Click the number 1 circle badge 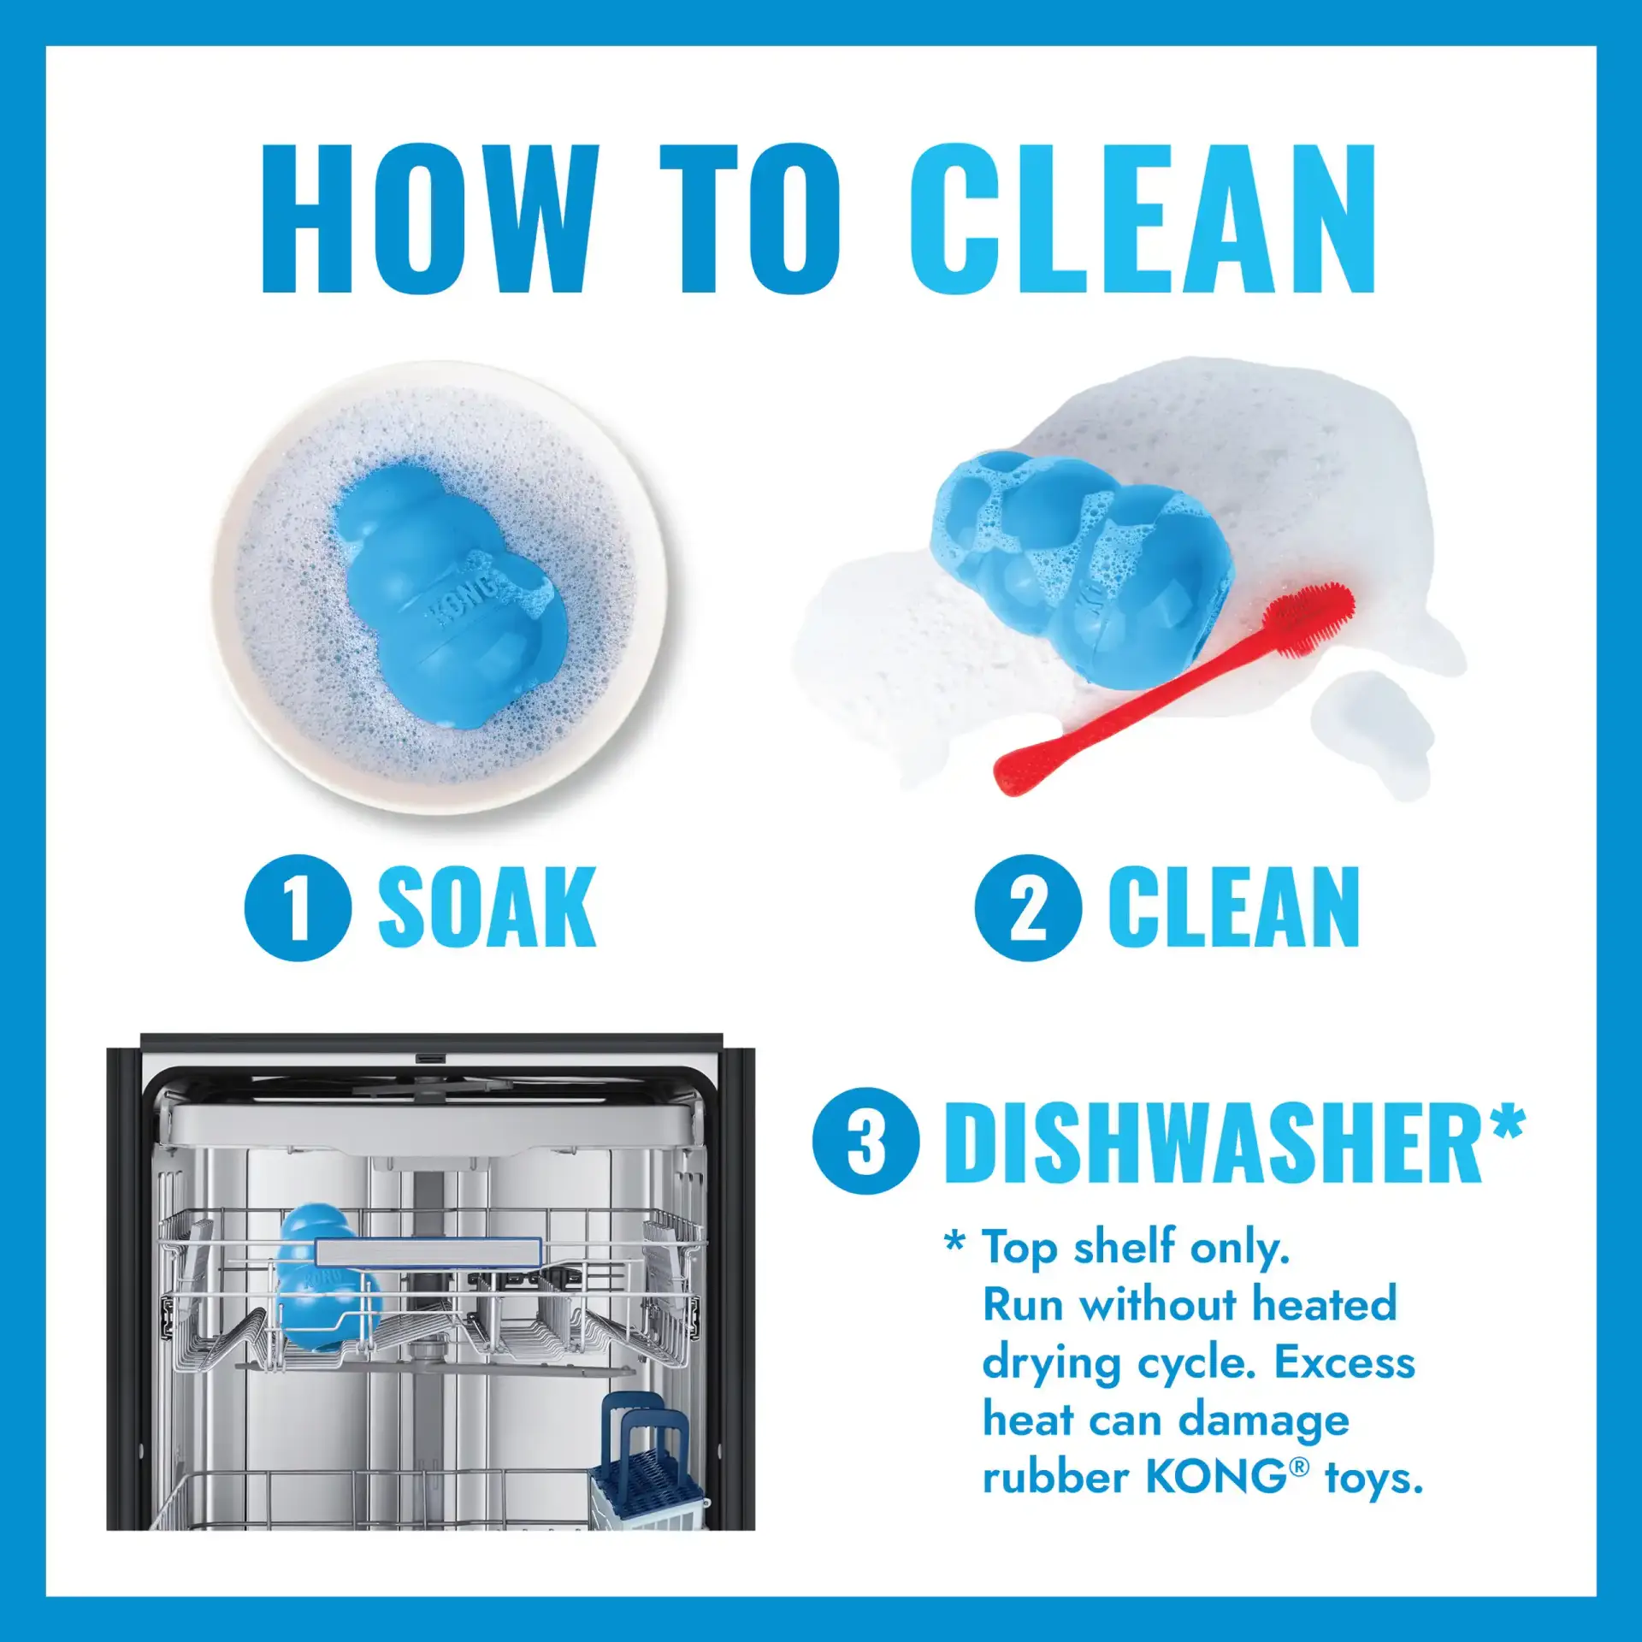pyautogui.click(x=298, y=907)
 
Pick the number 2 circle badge pyautogui.click(x=1028, y=907)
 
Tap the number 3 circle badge pyautogui.click(x=865, y=1141)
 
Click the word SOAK pyautogui.click(x=487, y=907)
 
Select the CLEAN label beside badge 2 pyautogui.click(x=1234, y=907)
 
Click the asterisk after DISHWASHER pyautogui.click(x=1507, y=1122)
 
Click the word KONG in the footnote pyautogui.click(x=1214, y=1477)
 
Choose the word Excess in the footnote pyautogui.click(x=1344, y=1363)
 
